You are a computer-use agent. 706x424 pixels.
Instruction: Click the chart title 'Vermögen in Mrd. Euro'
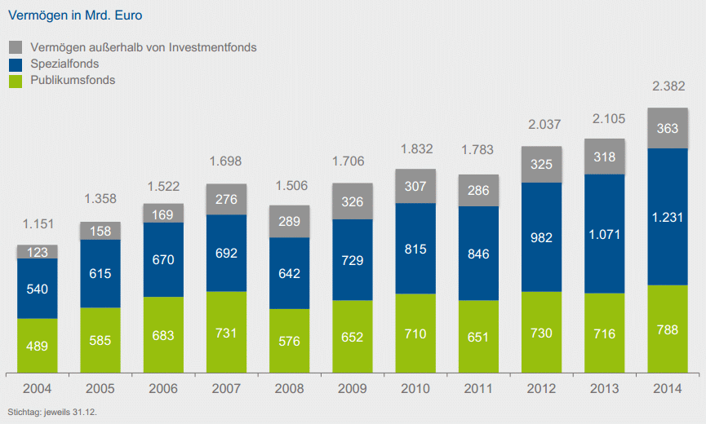(63, 15)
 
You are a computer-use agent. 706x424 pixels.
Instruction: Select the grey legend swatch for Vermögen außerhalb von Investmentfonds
(15, 47)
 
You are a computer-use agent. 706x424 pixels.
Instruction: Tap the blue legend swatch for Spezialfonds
(15, 64)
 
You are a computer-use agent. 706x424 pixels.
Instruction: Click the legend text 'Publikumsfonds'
(73, 80)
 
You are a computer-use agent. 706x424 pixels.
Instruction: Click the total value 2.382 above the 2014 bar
(668, 87)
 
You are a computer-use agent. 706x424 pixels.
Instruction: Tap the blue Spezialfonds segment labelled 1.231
(668, 217)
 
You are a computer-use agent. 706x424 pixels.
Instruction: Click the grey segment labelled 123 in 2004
(38, 252)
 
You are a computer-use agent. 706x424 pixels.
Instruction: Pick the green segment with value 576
(289, 339)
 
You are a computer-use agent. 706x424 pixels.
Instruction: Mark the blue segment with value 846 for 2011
(478, 253)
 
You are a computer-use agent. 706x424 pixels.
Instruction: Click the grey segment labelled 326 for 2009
(353, 201)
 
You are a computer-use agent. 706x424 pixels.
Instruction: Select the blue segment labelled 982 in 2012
(541, 237)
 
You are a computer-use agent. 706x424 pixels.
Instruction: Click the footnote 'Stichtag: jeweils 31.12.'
(51, 411)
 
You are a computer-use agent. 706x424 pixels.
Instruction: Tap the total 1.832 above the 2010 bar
(415, 149)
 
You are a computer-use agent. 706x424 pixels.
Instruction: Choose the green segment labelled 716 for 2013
(605, 333)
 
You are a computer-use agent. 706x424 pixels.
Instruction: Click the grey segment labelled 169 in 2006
(163, 214)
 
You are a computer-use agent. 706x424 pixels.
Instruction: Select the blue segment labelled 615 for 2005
(100, 273)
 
